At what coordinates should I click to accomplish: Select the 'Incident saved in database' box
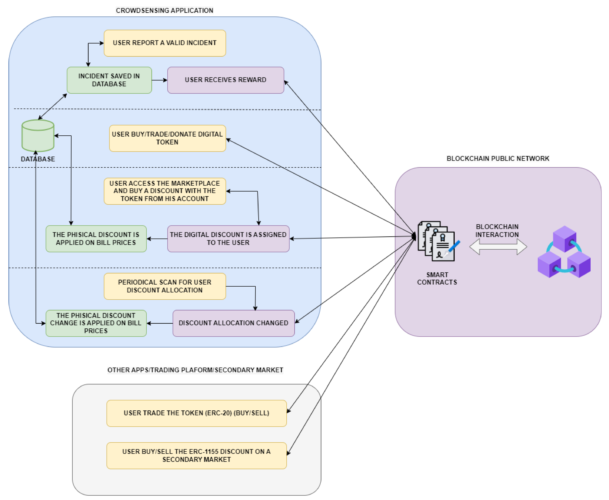[109, 80]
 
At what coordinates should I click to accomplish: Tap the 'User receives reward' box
[225, 80]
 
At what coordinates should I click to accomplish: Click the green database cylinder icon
[38, 136]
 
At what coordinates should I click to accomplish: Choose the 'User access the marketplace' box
[165, 191]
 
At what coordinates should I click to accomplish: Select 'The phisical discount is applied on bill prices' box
[96, 239]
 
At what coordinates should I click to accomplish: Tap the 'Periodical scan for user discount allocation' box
[165, 286]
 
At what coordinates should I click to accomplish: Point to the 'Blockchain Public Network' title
[498, 159]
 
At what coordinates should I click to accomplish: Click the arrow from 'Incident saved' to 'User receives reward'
[159, 80]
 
